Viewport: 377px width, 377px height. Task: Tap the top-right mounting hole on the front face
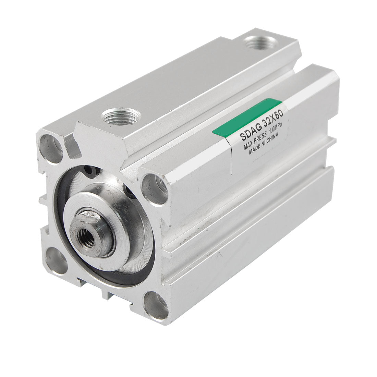tap(155, 188)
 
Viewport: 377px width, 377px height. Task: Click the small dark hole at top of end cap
tap(90, 170)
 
